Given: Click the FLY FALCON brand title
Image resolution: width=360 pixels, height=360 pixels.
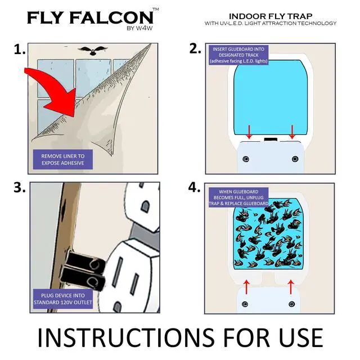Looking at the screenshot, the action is coord(89,17).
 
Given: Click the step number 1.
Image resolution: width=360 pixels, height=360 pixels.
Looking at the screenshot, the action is coord(20,50).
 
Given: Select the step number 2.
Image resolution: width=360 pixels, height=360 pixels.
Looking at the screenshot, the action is coord(195,49).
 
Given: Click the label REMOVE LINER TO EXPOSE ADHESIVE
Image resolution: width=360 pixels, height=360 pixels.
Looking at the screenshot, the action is coord(63,159).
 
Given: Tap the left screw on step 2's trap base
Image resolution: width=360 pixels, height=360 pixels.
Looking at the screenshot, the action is coord(245,159).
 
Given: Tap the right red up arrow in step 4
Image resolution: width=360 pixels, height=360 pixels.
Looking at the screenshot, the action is coord(291,286).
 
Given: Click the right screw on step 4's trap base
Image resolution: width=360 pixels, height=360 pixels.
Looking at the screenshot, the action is coord(291,304).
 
